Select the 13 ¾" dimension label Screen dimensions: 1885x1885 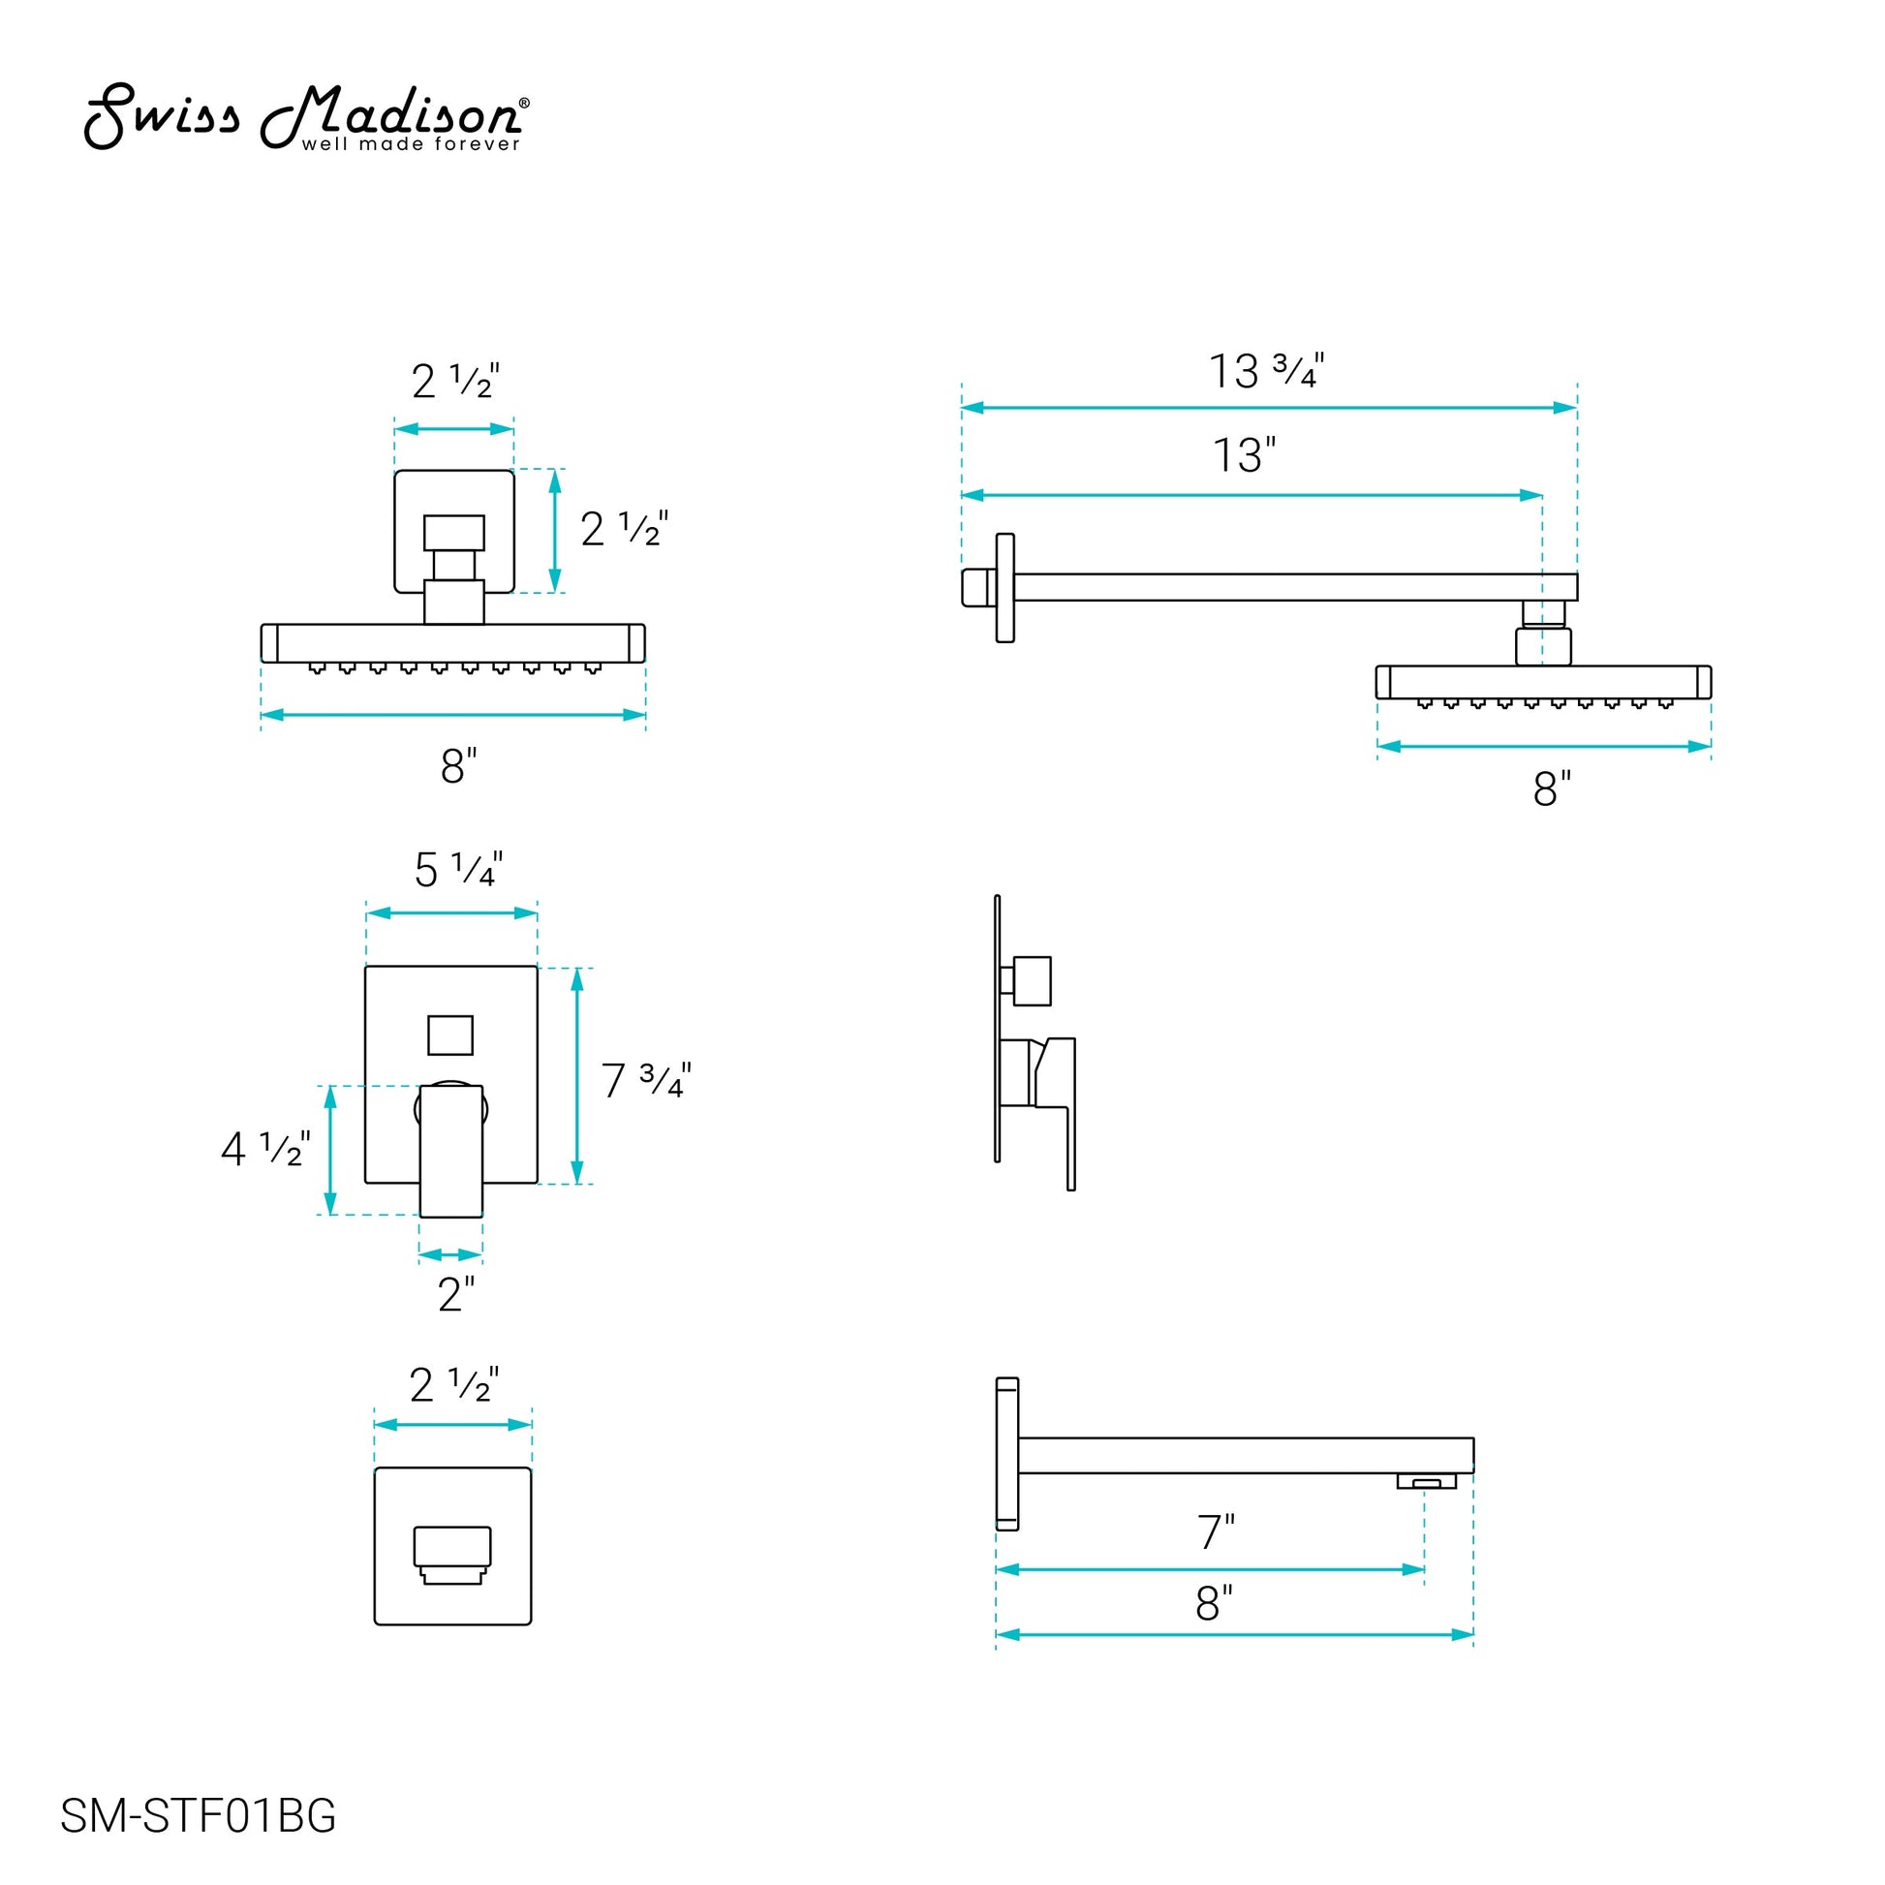1266,371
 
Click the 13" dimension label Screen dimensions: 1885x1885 1244,455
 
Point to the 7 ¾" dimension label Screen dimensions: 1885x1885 646,1080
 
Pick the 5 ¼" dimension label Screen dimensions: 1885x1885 457,869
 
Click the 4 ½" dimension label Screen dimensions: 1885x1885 265,1149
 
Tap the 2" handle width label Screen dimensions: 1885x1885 455,1295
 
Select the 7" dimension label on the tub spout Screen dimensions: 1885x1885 1216,1531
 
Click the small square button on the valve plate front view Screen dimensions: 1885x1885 450,1035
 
